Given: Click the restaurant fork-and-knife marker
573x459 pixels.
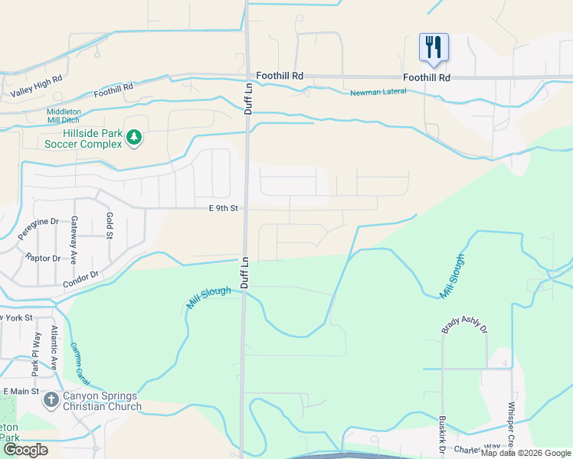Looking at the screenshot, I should (x=433, y=47).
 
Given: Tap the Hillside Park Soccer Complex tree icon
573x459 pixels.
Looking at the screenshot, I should (x=134, y=138).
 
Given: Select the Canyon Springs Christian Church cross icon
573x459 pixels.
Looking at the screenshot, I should (x=51, y=400).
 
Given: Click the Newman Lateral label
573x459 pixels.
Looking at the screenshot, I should (x=378, y=93).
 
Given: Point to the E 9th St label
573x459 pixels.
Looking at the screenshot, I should (x=223, y=208).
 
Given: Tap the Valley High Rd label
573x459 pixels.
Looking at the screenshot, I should (x=36, y=86).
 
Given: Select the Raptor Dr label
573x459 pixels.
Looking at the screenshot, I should (x=42, y=258).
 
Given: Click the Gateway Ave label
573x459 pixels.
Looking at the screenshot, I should (x=75, y=230).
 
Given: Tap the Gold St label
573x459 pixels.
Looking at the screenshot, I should (x=109, y=225).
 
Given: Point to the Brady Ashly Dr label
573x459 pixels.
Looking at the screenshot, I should (x=464, y=328).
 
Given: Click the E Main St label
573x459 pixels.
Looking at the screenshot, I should (x=20, y=392).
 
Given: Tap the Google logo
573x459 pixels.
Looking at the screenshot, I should (x=25, y=450).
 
